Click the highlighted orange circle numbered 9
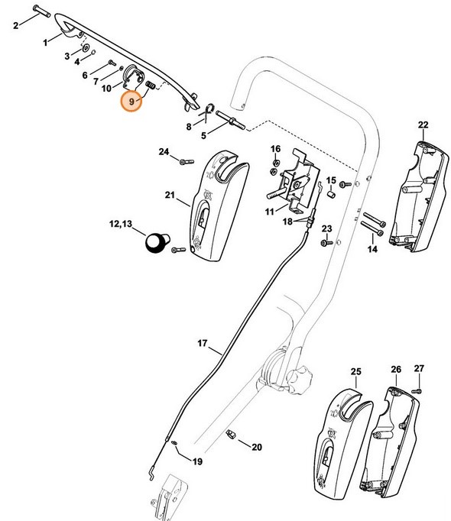(132, 101)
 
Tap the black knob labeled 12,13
(157, 243)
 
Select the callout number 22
(423, 125)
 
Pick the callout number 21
(169, 196)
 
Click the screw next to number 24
(183, 161)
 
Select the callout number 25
(355, 371)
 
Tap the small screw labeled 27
(417, 390)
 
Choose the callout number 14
(372, 249)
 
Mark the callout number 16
(275, 148)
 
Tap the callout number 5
(203, 135)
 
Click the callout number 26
(395, 371)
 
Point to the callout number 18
(287, 221)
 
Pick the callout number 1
(46, 39)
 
